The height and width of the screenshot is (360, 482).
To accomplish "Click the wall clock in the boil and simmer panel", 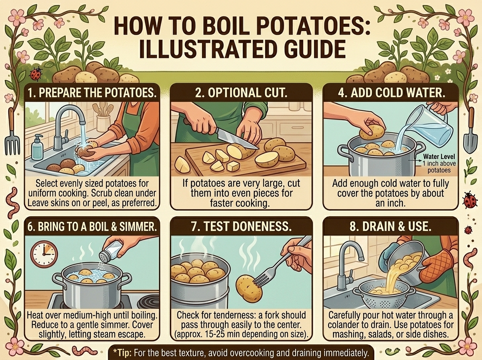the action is coord(44,254).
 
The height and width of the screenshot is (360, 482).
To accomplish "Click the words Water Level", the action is coord(439,157).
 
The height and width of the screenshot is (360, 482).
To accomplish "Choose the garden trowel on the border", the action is coord(470,130).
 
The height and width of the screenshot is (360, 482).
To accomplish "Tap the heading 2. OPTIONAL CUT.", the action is coord(241,93).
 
